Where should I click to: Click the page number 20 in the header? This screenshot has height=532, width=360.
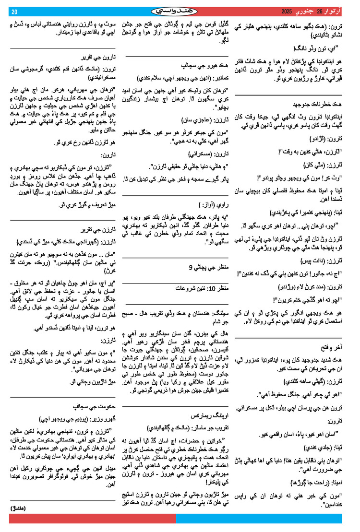(x=14, y=12)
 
